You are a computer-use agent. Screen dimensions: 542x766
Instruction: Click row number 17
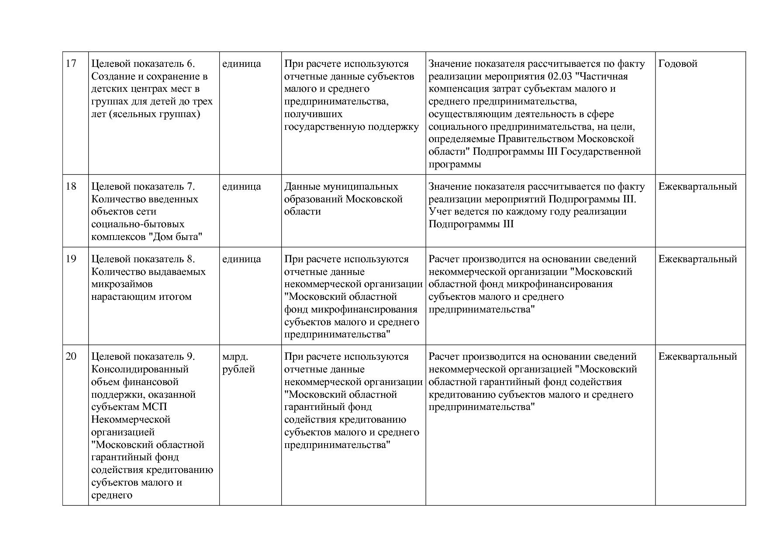(x=71, y=64)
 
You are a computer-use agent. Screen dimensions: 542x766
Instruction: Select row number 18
(x=71, y=187)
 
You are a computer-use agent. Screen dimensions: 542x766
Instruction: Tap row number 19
(x=71, y=259)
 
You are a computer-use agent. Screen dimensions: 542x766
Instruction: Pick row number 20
(x=71, y=357)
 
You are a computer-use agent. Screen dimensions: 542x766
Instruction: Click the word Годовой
(x=678, y=64)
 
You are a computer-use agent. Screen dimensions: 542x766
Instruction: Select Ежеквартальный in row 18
(x=697, y=187)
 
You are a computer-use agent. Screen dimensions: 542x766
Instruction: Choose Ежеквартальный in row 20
(x=697, y=357)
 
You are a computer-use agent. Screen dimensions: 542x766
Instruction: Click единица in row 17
(x=242, y=64)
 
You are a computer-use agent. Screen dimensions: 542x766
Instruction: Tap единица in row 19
(x=242, y=259)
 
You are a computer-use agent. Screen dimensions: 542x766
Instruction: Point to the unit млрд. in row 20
(x=235, y=357)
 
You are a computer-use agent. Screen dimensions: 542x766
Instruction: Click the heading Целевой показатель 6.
(x=143, y=64)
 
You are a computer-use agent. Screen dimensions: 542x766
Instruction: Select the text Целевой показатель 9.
(x=143, y=357)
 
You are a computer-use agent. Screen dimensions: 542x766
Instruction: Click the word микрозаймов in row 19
(x=122, y=284)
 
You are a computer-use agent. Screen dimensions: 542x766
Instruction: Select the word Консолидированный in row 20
(x=140, y=369)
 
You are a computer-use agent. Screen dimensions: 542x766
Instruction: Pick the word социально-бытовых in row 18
(x=138, y=224)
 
